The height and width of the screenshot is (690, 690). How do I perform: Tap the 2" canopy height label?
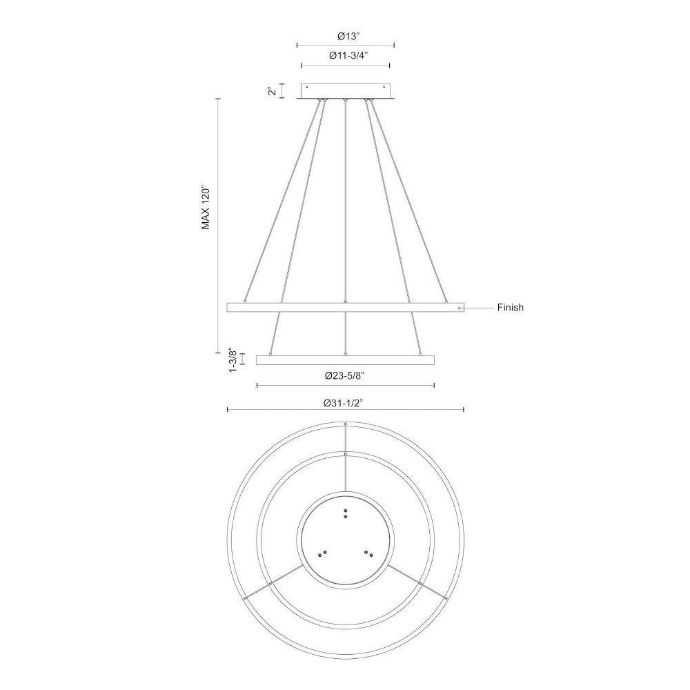(x=273, y=90)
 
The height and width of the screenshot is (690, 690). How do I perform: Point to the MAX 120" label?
(x=206, y=208)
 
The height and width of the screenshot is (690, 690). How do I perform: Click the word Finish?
(x=511, y=308)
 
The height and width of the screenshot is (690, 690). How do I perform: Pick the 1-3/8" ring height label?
(x=233, y=361)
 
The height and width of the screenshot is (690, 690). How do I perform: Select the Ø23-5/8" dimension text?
(x=345, y=376)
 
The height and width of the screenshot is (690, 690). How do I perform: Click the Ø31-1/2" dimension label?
(x=345, y=403)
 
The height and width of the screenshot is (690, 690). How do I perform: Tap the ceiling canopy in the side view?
(x=346, y=91)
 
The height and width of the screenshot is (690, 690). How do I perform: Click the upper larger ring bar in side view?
(x=346, y=307)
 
